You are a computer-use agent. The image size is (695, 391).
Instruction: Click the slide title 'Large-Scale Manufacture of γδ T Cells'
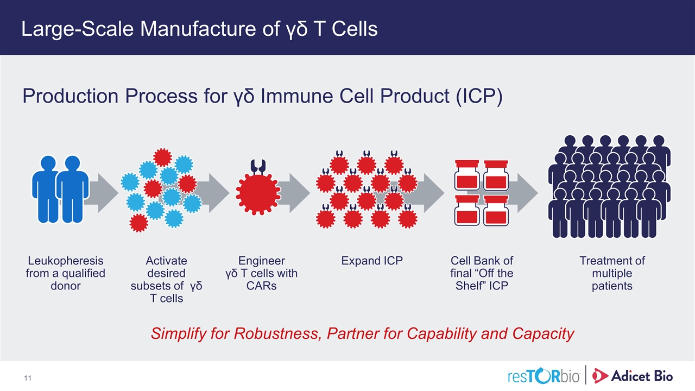pos(199,29)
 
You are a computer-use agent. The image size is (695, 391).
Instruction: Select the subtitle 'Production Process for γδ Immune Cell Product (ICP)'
pos(262,96)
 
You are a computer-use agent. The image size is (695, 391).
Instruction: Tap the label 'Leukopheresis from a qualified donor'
pos(65,273)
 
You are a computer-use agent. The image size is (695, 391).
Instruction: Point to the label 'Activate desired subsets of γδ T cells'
pos(166,279)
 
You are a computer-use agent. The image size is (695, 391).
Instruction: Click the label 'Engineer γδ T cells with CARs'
pos(261,273)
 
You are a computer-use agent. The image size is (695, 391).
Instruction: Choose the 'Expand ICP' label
pos(372,261)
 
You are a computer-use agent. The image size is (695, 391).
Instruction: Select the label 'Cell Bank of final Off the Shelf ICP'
pos(482,273)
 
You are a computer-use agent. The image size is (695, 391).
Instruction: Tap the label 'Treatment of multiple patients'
pos(612,273)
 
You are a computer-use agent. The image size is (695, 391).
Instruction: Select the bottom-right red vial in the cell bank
pos(496,210)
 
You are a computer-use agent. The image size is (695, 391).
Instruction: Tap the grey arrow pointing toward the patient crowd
pos(524,192)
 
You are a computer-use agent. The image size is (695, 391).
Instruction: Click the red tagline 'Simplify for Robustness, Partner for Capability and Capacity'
pos(362,333)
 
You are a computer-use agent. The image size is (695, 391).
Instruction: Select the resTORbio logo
pos(544,375)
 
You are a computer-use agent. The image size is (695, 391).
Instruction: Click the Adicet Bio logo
pos(633,375)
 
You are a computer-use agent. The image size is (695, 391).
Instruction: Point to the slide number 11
pos(26,377)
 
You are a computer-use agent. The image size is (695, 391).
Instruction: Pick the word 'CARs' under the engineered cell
pos(261,286)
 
